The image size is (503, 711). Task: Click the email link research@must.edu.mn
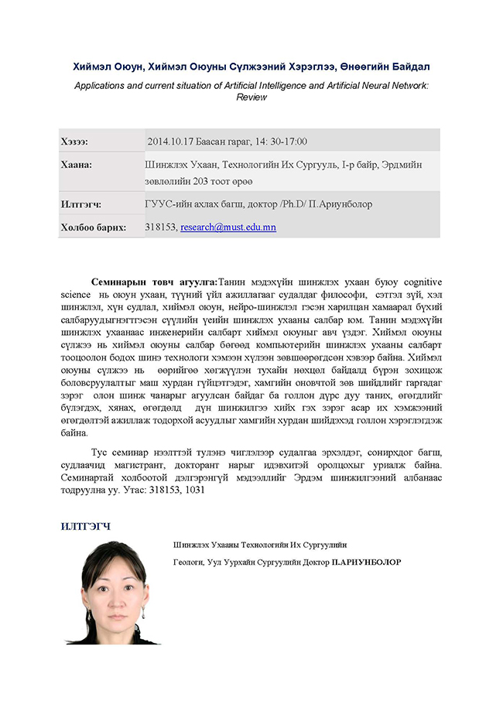228,227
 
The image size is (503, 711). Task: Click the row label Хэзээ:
74,142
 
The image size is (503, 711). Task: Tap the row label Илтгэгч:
80,204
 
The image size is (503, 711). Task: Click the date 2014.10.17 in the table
169,142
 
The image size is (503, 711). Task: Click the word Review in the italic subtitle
251,97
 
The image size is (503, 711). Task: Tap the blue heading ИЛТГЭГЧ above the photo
86,527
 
